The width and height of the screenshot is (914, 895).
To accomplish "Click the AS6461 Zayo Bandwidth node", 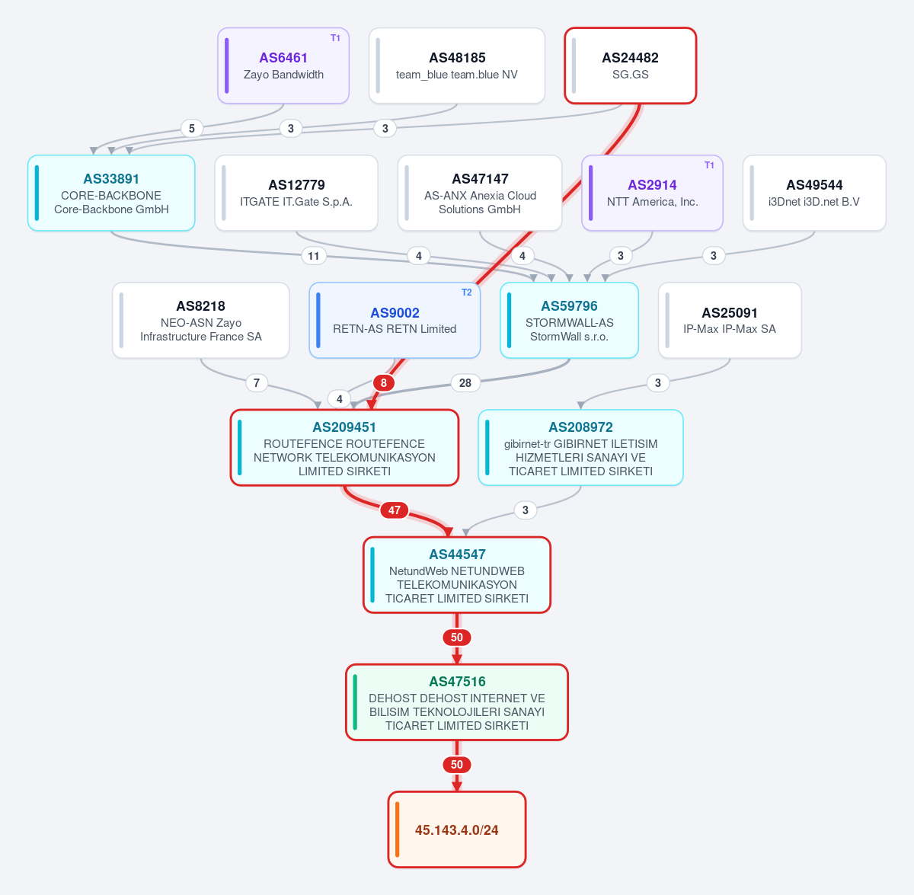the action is coord(283,66).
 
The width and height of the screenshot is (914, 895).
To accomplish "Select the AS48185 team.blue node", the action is coord(457,66).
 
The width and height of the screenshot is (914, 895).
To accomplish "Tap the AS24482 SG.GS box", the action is coord(631,66).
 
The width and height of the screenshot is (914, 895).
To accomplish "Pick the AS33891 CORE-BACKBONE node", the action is coord(111,193).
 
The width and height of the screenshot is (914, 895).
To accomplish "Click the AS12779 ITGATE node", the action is coord(296,193).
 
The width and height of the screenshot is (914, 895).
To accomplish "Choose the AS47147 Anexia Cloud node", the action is coord(480,193).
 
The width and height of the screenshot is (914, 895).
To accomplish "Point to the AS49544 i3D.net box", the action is coord(814,193).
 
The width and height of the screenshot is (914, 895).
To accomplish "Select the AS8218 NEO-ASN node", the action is coord(200,321).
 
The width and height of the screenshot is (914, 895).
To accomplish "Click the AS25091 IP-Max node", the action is coord(730,321).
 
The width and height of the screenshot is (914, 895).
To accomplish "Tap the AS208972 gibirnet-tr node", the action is coord(580,448).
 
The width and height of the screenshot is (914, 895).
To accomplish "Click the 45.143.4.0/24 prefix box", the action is coord(457,829).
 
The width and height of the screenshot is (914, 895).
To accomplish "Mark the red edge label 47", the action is coord(394,510).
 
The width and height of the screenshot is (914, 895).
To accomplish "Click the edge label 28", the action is coord(465,383).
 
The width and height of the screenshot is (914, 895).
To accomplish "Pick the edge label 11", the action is coord(314,256).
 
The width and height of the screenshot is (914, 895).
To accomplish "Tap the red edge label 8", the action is coord(384,383).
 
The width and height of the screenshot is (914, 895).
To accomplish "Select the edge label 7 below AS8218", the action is coord(257,383).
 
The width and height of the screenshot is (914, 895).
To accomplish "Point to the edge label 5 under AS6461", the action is coord(192,129).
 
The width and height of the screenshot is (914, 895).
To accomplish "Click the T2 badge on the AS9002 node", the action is coord(467,292).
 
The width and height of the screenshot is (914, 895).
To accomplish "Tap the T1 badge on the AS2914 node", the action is coord(709,165).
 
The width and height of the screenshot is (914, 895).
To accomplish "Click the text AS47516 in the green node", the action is coord(457,682).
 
